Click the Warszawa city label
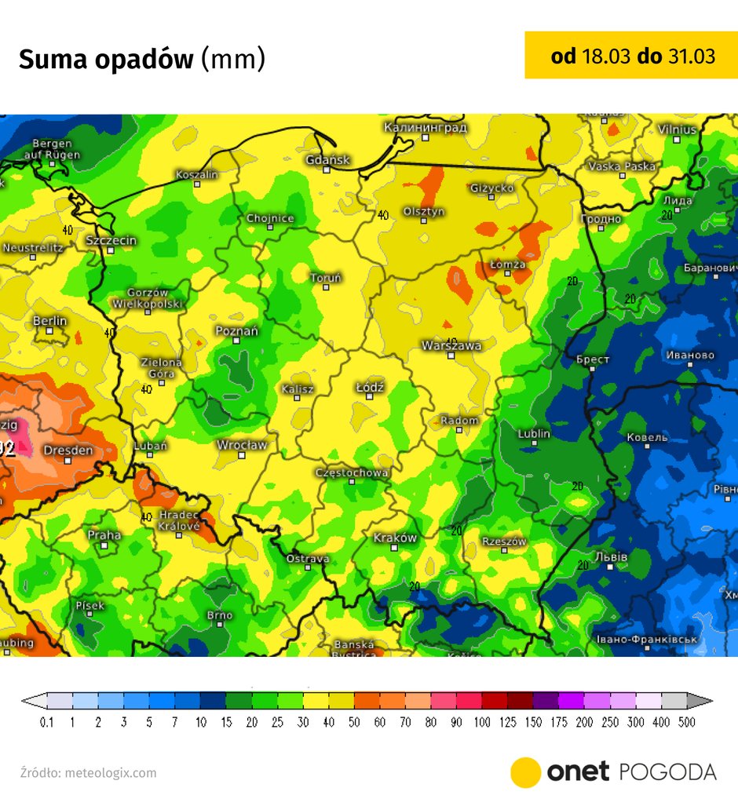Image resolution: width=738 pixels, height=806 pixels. click(x=451, y=345)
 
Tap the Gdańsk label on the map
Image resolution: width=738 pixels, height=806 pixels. click(x=328, y=160)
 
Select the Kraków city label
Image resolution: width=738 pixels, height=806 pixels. click(x=395, y=538)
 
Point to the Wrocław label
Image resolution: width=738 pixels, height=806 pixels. click(x=242, y=445)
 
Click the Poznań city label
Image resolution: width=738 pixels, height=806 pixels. click(x=236, y=331)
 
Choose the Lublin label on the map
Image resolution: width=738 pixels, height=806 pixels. click(x=534, y=434)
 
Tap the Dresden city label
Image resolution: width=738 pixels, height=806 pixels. click(x=68, y=450)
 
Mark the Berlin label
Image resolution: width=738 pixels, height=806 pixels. click(x=49, y=321)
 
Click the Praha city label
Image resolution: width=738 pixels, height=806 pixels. click(x=104, y=534)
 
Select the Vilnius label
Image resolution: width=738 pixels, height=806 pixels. click(x=677, y=129)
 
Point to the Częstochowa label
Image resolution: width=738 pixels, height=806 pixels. click(x=352, y=472)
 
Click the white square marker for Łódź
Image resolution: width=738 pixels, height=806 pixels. click(x=370, y=397)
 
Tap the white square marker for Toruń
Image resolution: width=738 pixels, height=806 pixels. click(x=325, y=287)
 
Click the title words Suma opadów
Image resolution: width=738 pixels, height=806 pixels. click(x=105, y=60)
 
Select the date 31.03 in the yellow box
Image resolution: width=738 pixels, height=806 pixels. click(x=692, y=56)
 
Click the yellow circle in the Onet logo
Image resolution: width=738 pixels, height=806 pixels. click(x=525, y=772)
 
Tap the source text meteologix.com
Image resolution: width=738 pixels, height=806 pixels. click(x=111, y=773)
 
